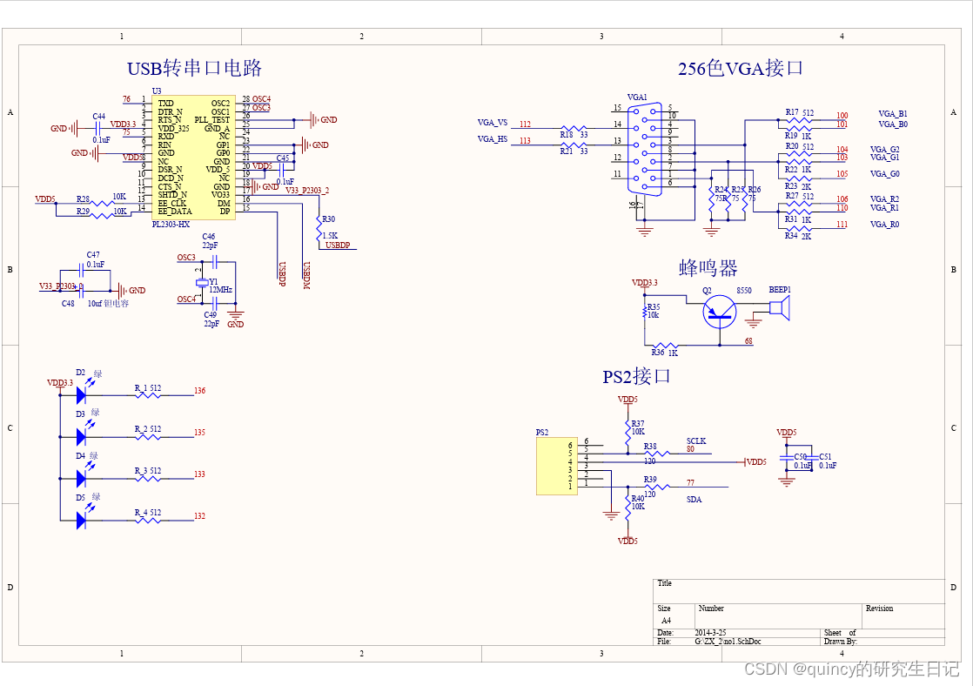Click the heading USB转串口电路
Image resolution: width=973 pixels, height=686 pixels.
(194, 68)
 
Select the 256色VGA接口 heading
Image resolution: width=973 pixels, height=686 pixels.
(740, 69)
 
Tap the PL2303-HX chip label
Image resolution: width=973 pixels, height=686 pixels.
(171, 224)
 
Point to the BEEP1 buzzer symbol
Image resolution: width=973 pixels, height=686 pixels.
(779, 307)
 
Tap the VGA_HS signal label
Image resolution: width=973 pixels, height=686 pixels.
(492, 139)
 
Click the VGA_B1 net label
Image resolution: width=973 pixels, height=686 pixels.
(892, 114)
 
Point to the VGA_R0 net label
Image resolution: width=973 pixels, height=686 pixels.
(885, 225)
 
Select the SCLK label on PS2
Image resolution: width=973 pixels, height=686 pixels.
(696, 441)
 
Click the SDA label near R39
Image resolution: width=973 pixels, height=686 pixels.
(694, 500)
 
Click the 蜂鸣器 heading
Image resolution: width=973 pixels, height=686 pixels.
(708, 267)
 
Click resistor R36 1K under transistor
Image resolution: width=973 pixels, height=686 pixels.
(665, 346)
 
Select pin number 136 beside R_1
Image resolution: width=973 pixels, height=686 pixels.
(200, 391)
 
